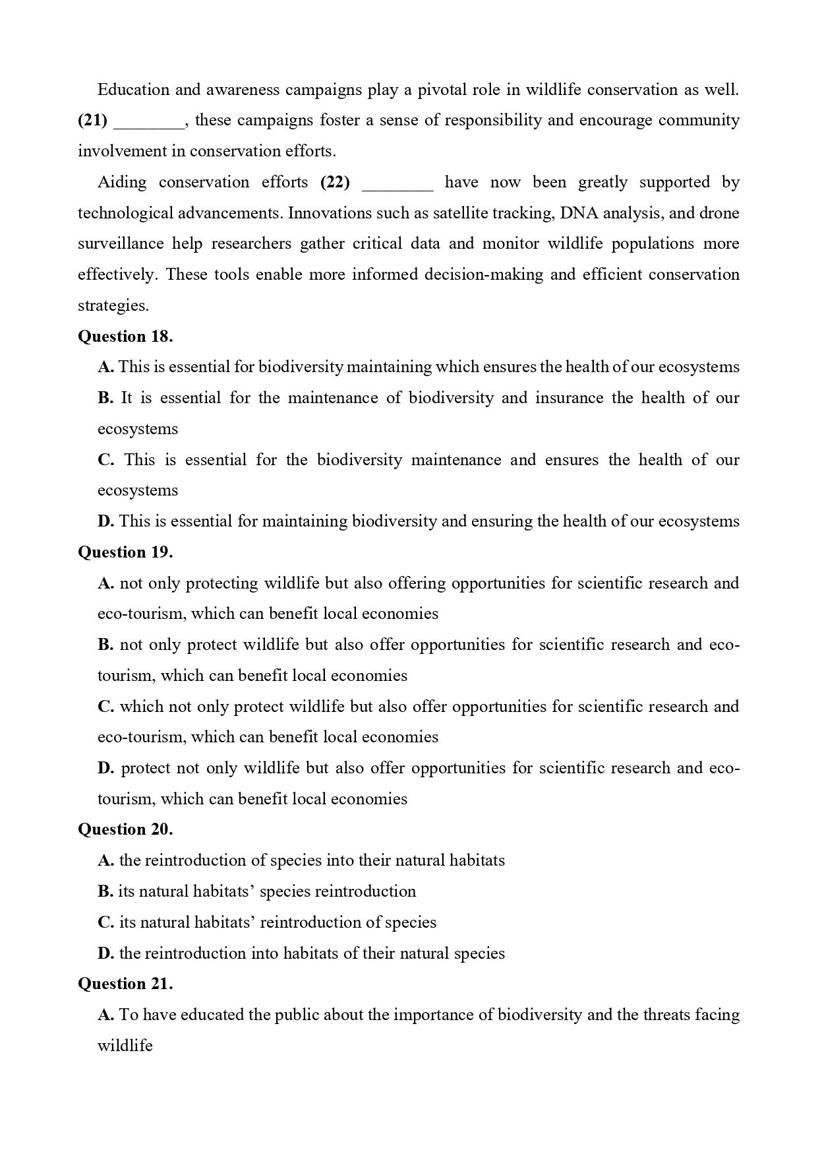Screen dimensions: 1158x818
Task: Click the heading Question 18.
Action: pos(125,337)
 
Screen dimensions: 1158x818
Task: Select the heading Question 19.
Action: pos(125,552)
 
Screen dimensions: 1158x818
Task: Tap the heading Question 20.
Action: pos(125,829)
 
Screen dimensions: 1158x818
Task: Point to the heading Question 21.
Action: pos(125,984)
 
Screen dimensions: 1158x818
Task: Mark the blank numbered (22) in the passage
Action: pos(397,183)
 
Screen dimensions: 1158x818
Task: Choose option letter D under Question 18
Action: pos(105,521)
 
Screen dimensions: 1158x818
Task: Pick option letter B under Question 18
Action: pos(105,398)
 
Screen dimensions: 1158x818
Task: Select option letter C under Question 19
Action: pos(105,707)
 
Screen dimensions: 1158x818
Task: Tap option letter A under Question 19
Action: pos(105,583)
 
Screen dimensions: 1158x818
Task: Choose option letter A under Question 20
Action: pos(105,860)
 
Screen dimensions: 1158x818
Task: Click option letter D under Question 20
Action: pos(105,953)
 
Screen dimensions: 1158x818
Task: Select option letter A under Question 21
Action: pos(105,1015)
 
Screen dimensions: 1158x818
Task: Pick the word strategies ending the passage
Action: pos(113,306)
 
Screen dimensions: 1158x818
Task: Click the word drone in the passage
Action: pos(719,213)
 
